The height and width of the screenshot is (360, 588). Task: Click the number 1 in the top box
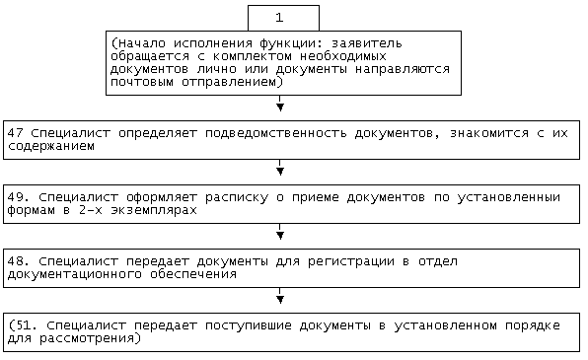tap(279, 18)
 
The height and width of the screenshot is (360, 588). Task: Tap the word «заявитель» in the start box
tap(366, 43)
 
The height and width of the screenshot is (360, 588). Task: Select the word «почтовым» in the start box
tap(142, 82)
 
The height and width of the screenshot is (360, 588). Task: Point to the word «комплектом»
tap(253, 56)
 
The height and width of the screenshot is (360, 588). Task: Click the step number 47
tap(16, 133)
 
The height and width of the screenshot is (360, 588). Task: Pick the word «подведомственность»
tap(275, 134)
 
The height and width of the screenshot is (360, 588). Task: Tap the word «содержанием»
tap(51, 146)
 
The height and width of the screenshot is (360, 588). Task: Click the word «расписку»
tap(237, 198)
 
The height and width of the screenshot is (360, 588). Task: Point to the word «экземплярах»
tap(154, 210)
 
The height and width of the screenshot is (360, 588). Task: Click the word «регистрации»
tap(351, 261)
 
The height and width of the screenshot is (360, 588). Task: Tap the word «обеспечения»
tap(193, 274)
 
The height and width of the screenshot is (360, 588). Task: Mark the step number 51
tap(23, 325)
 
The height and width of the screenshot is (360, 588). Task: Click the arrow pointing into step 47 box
tap(280, 104)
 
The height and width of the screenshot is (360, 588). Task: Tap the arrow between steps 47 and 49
tap(280, 168)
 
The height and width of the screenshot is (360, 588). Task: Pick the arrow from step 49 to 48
tap(280, 232)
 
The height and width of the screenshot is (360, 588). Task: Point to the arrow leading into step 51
tap(280, 296)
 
